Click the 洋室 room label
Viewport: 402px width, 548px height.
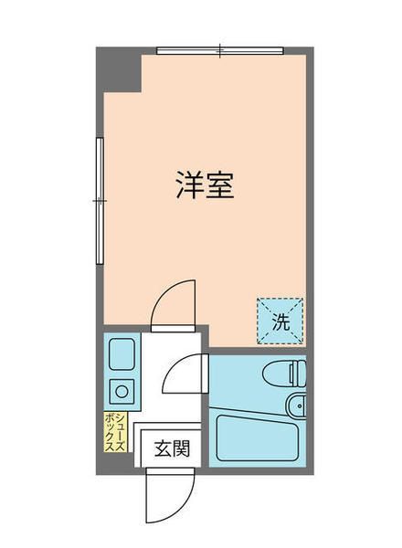(x=206, y=186)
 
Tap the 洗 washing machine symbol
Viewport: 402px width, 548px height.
(x=281, y=321)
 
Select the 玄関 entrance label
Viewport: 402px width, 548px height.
(x=171, y=448)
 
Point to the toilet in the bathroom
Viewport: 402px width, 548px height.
(x=281, y=373)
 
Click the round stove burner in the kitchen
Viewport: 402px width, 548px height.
(x=121, y=393)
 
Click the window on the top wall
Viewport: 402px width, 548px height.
(x=219, y=50)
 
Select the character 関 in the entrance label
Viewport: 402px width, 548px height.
(x=181, y=448)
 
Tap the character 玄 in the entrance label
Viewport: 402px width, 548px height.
(x=161, y=448)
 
